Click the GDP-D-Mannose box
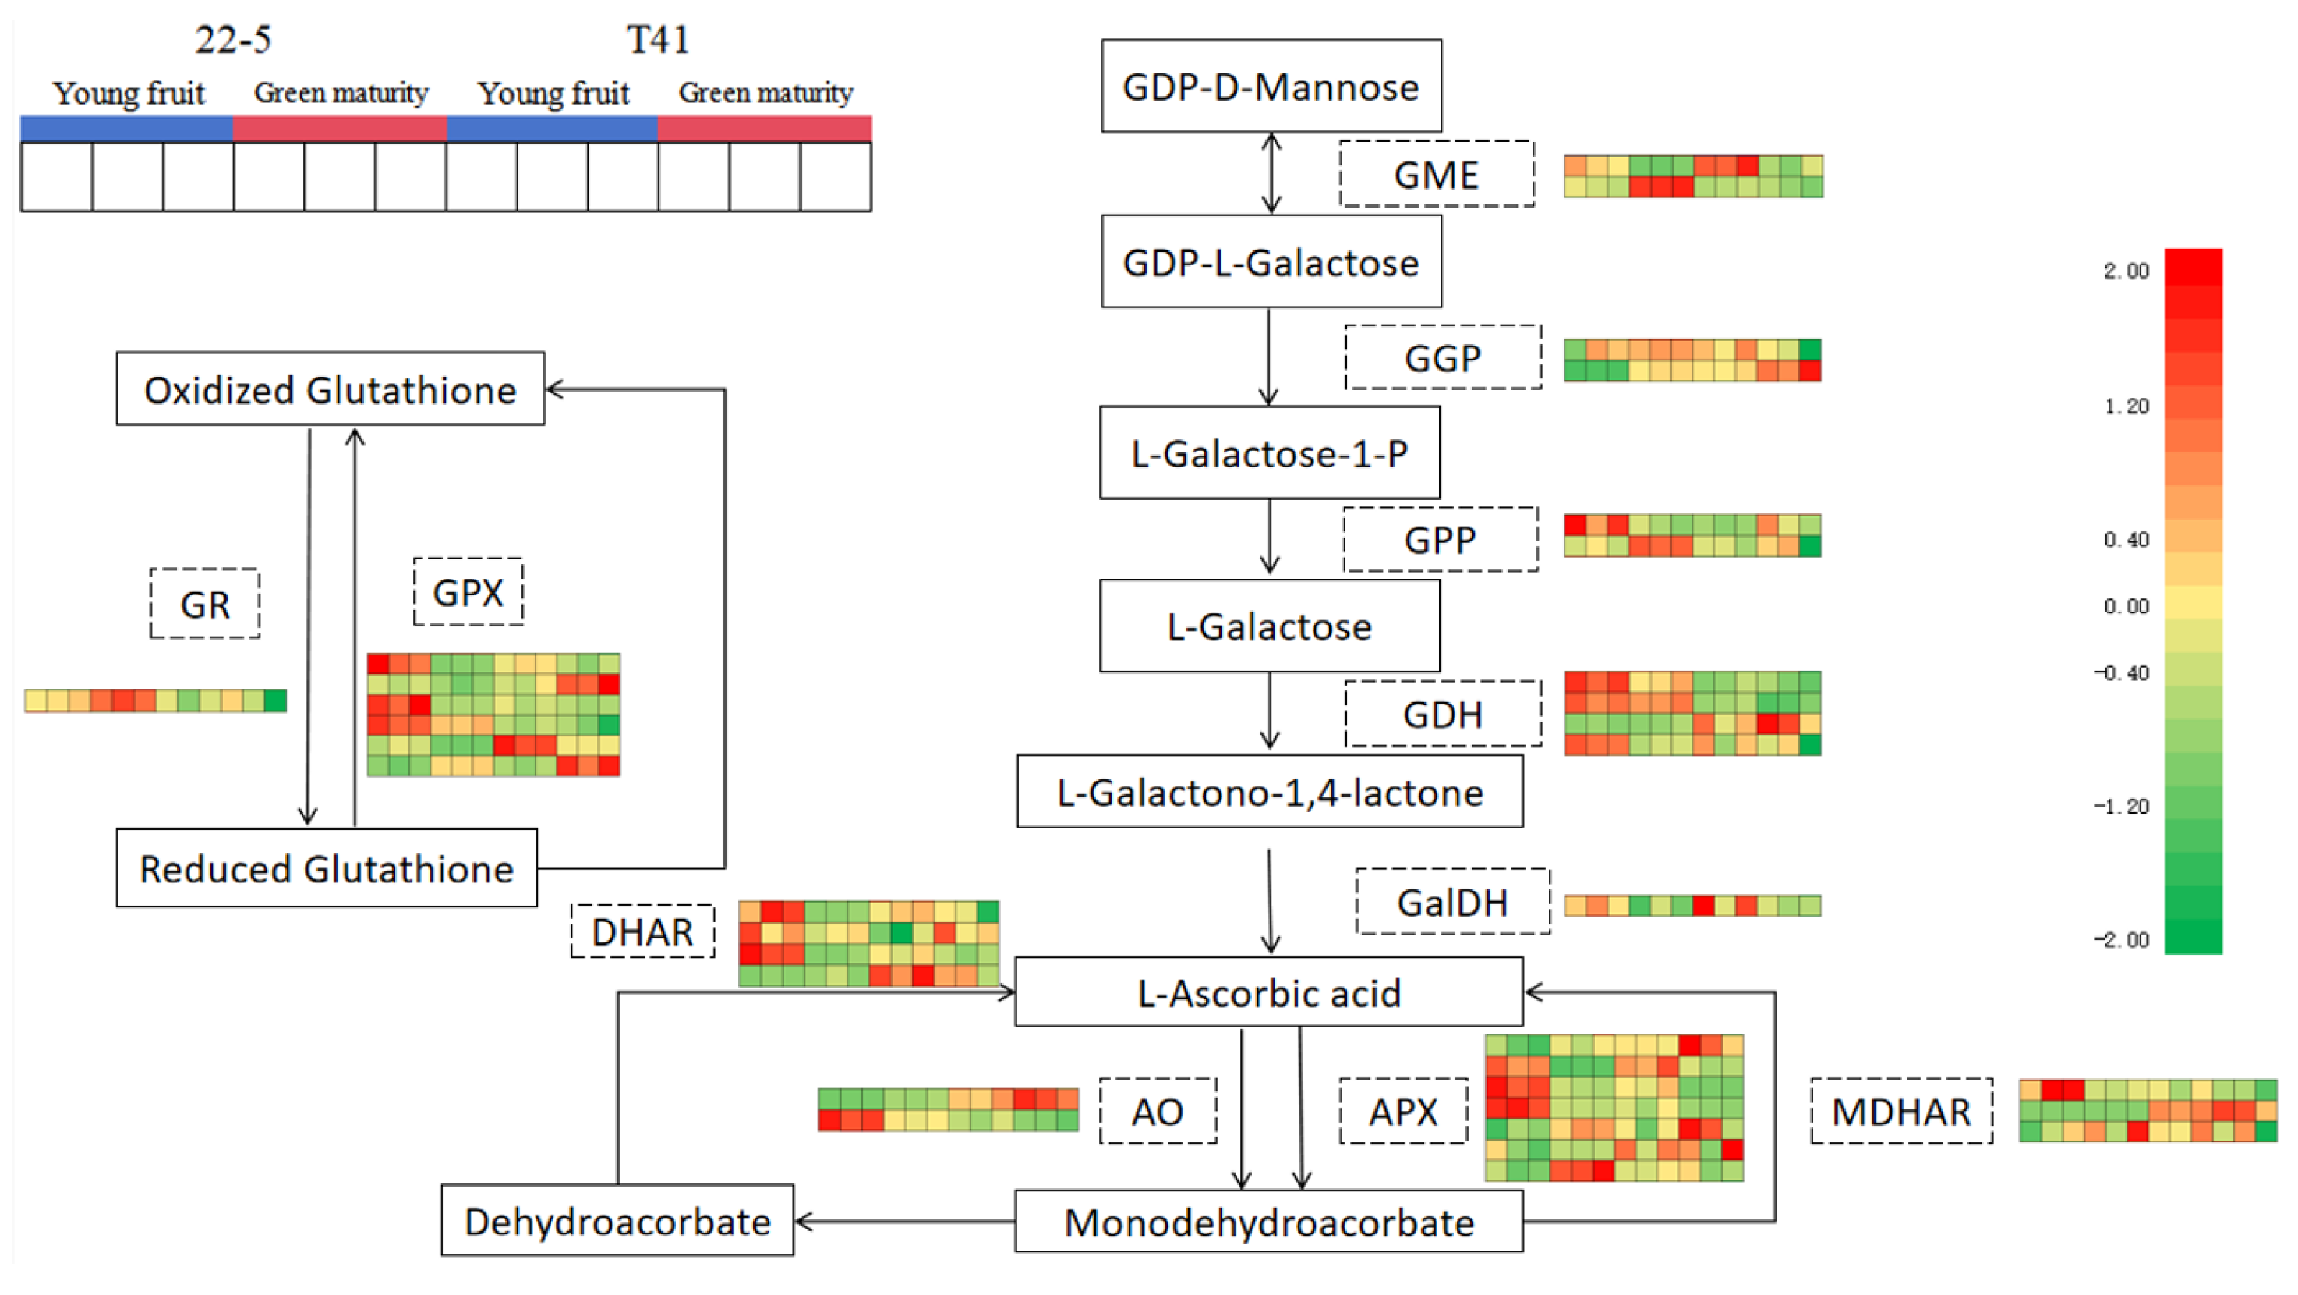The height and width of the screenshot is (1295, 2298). tap(1271, 87)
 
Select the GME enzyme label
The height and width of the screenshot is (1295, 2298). tap(1436, 175)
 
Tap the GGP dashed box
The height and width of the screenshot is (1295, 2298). tap(1443, 358)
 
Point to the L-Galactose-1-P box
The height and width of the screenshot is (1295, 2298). tap(1269, 453)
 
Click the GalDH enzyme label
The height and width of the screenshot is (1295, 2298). tap(1452, 903)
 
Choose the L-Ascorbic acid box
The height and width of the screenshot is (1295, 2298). tap(1268, 993)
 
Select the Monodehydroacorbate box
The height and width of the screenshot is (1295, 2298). tap(1268, 1222)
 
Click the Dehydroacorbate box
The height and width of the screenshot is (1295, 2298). tap(617, 1221)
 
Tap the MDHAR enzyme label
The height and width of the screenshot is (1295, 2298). tap(1901, 1111)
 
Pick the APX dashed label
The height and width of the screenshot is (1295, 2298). tap(1403, 1111)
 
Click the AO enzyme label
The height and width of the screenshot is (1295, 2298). tap(1157, 1111)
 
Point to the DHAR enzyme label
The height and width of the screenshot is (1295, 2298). tap(642, 931)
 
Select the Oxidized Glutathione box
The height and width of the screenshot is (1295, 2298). tap(330, 390)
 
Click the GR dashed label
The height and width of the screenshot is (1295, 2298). tap(205, 605)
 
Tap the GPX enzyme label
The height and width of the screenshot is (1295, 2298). tap(468, 593)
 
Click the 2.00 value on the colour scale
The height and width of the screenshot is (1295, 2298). tap(2126, 271)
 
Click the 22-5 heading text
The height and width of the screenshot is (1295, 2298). tap(233, 40)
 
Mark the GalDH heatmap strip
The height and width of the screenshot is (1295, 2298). tap(1692, 906)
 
